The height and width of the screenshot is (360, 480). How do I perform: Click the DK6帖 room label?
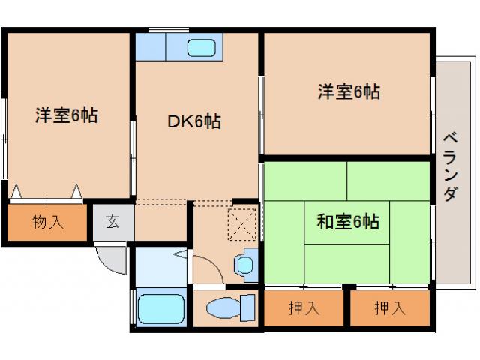point(193,121)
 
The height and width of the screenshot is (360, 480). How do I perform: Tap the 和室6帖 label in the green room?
point(347,221)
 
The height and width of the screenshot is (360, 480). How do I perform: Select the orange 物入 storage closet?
point(48,222)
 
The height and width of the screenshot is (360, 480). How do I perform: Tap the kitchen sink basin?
point(202,48)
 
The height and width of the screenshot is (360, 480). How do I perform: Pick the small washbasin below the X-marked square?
point(244,264)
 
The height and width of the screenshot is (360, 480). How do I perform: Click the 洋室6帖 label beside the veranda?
point(348,91)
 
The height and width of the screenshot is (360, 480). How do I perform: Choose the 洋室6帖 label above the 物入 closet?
point(66,116)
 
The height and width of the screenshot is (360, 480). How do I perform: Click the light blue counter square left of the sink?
point(149,48)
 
